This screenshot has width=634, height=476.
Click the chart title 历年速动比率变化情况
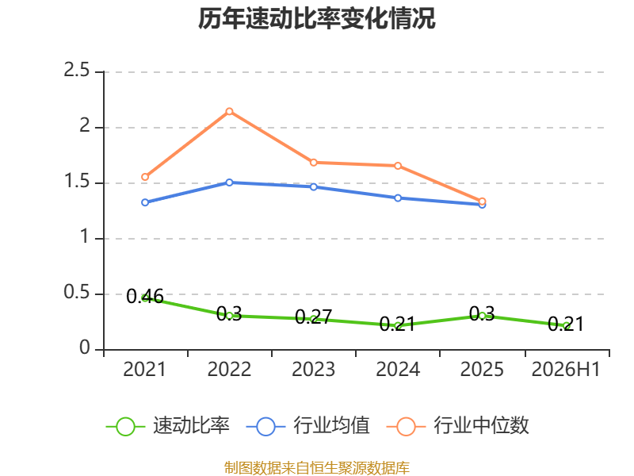pos(316,18)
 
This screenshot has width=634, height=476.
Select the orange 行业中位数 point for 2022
pos(229,111)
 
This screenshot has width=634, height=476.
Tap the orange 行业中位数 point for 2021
pos(145,177)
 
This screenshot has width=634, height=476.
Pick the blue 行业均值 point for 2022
pos(229,182)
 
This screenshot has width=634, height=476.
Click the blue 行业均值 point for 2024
pos(398,198)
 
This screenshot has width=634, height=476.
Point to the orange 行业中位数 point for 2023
pos(314,163)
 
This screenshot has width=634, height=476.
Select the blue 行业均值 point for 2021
pos(145,202)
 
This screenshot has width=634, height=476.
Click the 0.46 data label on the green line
pos(145,296)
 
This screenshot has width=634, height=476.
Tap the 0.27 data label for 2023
pos(313,317)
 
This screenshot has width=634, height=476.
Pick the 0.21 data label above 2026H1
pos(566,324)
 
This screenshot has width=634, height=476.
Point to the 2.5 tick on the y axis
pos(76,71)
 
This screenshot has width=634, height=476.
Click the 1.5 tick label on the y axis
pos(76,182)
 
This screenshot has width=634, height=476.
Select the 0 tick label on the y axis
pos(85,347)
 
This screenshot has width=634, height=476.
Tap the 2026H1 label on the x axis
pos(566,369)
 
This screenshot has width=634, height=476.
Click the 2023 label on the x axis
pos(313,369)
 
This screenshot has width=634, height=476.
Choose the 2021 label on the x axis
pos(145,369)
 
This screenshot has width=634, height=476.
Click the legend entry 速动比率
pos(168,426)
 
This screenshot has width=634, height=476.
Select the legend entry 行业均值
pos(307,426)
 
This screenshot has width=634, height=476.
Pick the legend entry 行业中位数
pos(458,426)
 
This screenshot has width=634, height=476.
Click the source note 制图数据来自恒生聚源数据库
pos(317,468)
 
